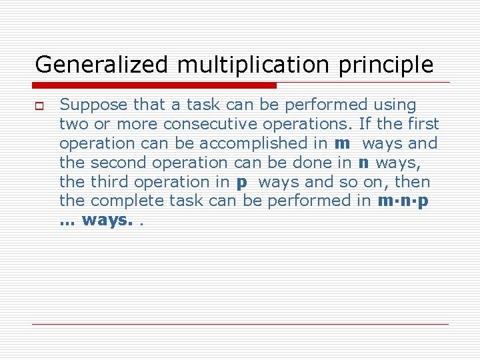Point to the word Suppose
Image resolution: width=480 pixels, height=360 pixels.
point(93,105)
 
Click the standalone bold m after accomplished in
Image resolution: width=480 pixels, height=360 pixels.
point(342,143)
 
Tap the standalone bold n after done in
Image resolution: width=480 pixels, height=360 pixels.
point(364,163)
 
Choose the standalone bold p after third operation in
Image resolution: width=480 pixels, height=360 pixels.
point(241,182)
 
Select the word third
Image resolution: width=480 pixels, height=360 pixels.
point(108,182)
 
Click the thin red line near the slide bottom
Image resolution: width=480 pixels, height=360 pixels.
point(240,324)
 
